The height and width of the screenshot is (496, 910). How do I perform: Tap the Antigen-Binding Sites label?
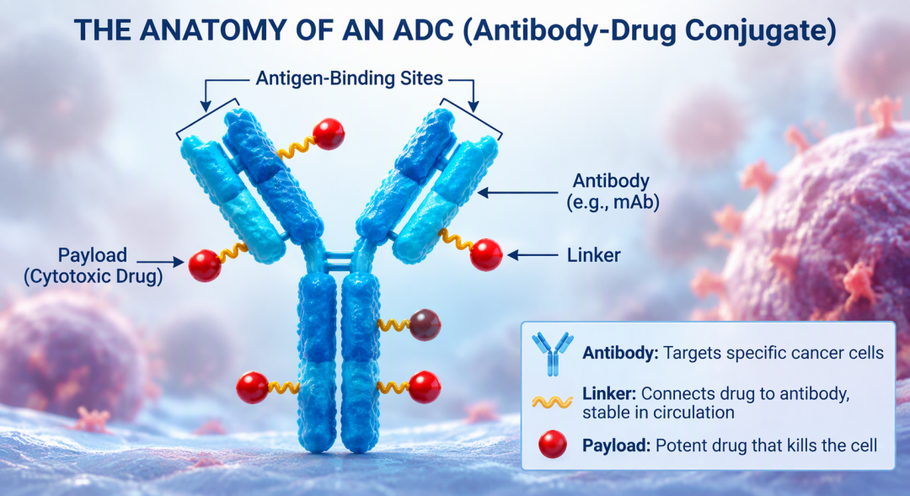coord(350,78)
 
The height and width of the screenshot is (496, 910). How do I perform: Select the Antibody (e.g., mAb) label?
coord(612,191)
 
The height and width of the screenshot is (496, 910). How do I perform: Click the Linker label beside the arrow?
coord(593,255)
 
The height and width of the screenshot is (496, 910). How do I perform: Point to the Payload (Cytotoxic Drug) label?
coord(93,265)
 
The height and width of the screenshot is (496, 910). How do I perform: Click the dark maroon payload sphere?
coord(425,325)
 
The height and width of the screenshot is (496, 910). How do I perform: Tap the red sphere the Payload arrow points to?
coord(205,266)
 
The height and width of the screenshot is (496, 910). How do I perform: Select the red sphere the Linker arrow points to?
coord(486,254)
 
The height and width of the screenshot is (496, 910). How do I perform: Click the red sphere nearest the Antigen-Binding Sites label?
coord(329,134)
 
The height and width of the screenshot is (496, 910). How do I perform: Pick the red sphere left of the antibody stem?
coord(253,387)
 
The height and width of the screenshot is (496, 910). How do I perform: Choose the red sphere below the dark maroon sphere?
coord(425,387)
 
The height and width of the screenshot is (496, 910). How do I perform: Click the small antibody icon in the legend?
coord(552,354)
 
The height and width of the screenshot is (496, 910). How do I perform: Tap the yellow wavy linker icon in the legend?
coord(553,402)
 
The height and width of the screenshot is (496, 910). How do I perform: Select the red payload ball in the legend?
coord(553,445)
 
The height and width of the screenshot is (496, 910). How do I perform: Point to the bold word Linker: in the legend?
coord(609,393)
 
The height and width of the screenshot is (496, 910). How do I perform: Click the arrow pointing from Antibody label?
coord(517,193)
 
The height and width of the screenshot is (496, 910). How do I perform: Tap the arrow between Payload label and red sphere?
coord(160,263)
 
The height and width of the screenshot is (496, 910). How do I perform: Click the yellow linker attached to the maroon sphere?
coord(394,325)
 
